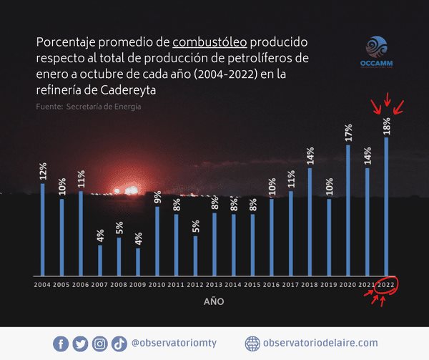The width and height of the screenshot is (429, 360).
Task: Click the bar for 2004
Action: pyautogui.click(x=43, y=229)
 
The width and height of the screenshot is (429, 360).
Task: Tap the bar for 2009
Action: pyautogui.click(x=138, y=261)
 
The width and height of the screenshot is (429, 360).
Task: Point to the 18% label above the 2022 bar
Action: pyautogui.click(x=387, y=125)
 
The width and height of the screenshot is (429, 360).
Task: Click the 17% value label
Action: pyautogui.click(x=348, y=133)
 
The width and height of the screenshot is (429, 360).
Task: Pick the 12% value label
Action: pyautogui.click(x=43, y=172)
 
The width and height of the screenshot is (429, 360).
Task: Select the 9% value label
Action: pyautogui.click(x=157, y=195)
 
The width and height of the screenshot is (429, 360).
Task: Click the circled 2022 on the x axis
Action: pyautogui.click(x=387, y=284)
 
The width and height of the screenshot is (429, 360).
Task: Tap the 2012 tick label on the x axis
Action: pyautogui.click(x=195, y=284)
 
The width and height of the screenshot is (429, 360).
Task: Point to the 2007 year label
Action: pyautogui.click(x=100, y=284)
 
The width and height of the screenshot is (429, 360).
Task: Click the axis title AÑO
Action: pyautogui.click(x=214, y=302)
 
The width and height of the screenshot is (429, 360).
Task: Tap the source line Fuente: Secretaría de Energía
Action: pyautogui.click(x=88, y=107)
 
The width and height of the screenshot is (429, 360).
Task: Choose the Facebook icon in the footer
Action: pyautogui.click(x=61, y=344)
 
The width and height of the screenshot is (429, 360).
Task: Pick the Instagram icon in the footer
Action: pyautogui.click(x=100, y=344)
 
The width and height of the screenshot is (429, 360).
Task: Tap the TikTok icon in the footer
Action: pyautogui.click(x=119, y=344)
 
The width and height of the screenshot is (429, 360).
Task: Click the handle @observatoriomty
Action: pyautogui.click(x=173, y=344)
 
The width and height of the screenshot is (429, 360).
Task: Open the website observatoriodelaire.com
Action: pyautogui.click(x=320, y=344)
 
